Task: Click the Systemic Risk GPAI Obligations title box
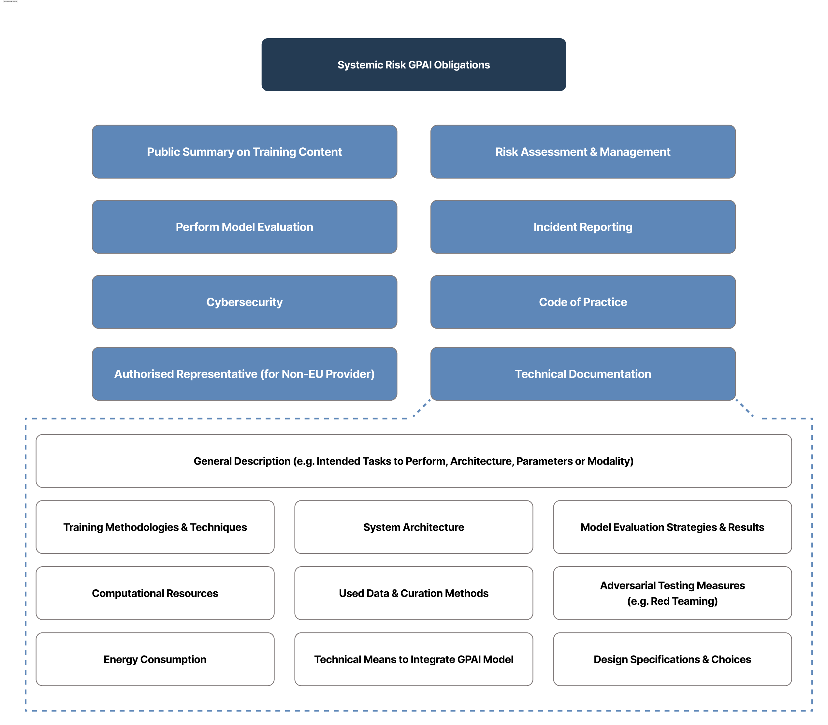click(414, 65)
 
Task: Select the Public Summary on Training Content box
click(244, 152)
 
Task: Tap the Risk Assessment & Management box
click(583, 152)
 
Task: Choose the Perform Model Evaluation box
click(244, 227)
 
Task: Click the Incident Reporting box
click(583, 227)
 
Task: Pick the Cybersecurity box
click(244, 302)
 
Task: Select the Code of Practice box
click(583, 302)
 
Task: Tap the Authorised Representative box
click(244, 374)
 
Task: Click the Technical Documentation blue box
click(583, 374)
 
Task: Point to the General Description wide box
click(414, 461)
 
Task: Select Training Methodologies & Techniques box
click(155, 527)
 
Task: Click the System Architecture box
click(414, 527)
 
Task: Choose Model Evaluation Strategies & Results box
click(672, 527)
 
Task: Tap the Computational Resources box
click(155, 593)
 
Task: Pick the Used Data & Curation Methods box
click(414, 593)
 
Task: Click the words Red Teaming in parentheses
click(683, 601)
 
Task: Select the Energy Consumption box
click(155, 659)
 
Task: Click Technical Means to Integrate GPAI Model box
click(414, 659)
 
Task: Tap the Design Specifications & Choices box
click(672, 659)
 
